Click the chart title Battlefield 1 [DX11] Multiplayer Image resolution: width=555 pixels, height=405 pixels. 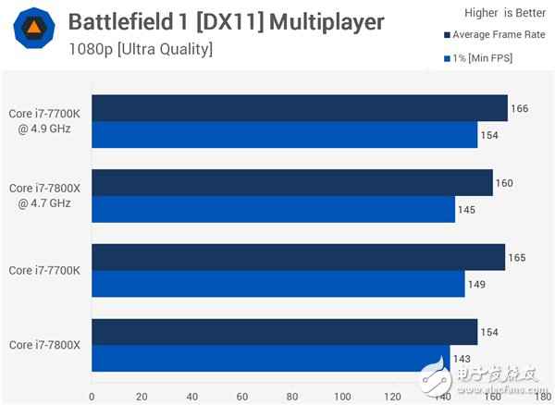(x=226, y=21)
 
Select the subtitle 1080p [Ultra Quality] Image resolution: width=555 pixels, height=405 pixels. (x=141, y=48)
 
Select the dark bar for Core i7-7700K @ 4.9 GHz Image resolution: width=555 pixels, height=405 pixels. (x=298, y=108)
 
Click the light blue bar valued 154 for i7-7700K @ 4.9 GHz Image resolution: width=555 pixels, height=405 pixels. (x=283, y=135)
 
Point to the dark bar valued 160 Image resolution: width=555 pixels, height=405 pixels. (x=290, y=182)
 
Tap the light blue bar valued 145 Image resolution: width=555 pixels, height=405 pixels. (x=272, y=209)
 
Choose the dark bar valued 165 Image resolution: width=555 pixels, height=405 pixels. (x=297, y=257)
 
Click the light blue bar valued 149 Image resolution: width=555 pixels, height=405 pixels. (x=277, y=284)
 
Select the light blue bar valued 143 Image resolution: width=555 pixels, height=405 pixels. (x=269, y=358)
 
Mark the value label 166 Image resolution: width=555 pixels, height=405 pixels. (x=519, y=108)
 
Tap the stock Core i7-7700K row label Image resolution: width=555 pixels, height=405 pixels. (x=44, y=270)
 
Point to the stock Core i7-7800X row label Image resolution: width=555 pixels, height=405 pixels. (x=44, y=345)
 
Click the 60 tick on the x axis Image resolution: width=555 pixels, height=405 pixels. (x=241, y=396)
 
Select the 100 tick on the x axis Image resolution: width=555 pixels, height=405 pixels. (x=342, y=396)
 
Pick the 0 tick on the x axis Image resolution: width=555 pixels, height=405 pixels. (x=91, y=396)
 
